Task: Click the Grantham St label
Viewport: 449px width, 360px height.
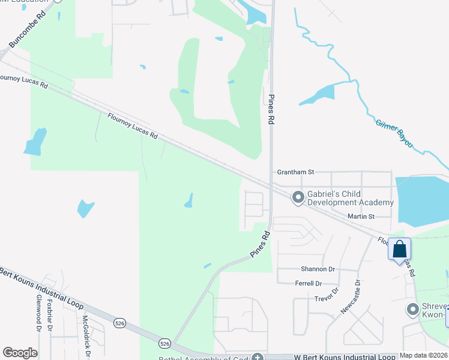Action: coord(295,172)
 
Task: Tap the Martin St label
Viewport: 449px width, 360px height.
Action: coord(361,216)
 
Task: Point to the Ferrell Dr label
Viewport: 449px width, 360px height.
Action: coord(309,283)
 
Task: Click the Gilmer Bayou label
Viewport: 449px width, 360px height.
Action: coord(395,134)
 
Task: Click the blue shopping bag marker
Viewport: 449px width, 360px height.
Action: coord(400,249)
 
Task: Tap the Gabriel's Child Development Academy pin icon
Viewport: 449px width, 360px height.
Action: coord(298,197)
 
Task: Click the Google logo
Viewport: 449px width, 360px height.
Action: coord(20,353)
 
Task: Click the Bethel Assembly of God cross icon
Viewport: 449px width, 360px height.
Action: coord(258,357)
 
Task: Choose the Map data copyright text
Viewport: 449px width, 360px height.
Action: coord(424,355)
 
